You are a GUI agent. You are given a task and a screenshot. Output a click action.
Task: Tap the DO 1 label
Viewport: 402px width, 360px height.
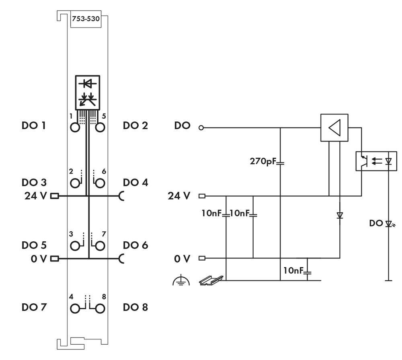click(33, 125)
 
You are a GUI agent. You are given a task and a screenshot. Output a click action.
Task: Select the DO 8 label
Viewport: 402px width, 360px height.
click(135, 307)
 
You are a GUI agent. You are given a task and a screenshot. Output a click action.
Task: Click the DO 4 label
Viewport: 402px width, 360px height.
click(135, 182)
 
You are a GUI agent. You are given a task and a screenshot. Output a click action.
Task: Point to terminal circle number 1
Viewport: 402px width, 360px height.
click(75, 128)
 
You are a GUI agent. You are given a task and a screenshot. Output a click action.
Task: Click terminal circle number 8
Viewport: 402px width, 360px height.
click(100, 309)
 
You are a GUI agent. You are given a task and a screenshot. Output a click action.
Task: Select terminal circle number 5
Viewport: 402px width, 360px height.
click(100, 128)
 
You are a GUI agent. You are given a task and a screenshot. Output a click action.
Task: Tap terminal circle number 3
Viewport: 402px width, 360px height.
click(75, 245)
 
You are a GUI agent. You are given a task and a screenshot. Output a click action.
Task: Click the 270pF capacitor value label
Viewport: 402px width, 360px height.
click(263, 163)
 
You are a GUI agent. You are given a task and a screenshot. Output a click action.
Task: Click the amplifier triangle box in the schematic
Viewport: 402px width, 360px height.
click(334, 128)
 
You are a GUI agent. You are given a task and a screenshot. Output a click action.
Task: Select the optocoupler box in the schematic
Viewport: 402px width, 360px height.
click(376, 161)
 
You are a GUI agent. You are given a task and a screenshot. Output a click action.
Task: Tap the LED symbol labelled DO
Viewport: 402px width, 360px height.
click(389, 224)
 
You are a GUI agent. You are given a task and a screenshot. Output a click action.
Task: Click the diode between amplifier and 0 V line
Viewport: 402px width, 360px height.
click(340, 216)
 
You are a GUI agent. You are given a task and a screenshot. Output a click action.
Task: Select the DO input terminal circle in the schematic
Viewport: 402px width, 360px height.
click(201, 128)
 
